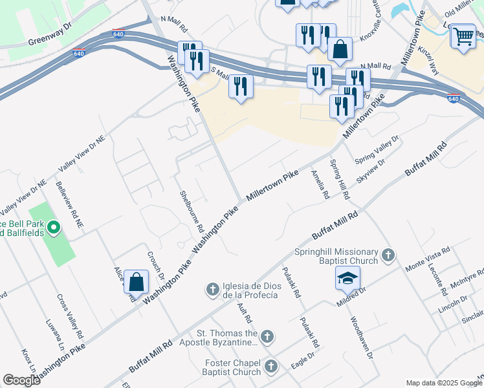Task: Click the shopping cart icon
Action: [463, 36]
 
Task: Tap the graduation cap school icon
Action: [347, 278]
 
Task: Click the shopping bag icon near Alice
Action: [136, 282]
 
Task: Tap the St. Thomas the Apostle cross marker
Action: [267, 336]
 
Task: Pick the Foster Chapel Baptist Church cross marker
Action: [270, 367]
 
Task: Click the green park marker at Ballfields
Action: [54, 227]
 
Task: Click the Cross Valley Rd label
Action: [70, 318]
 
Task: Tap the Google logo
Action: [21, 380]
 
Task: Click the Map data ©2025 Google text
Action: [443, 383]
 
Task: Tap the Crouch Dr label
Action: [156, 265]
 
